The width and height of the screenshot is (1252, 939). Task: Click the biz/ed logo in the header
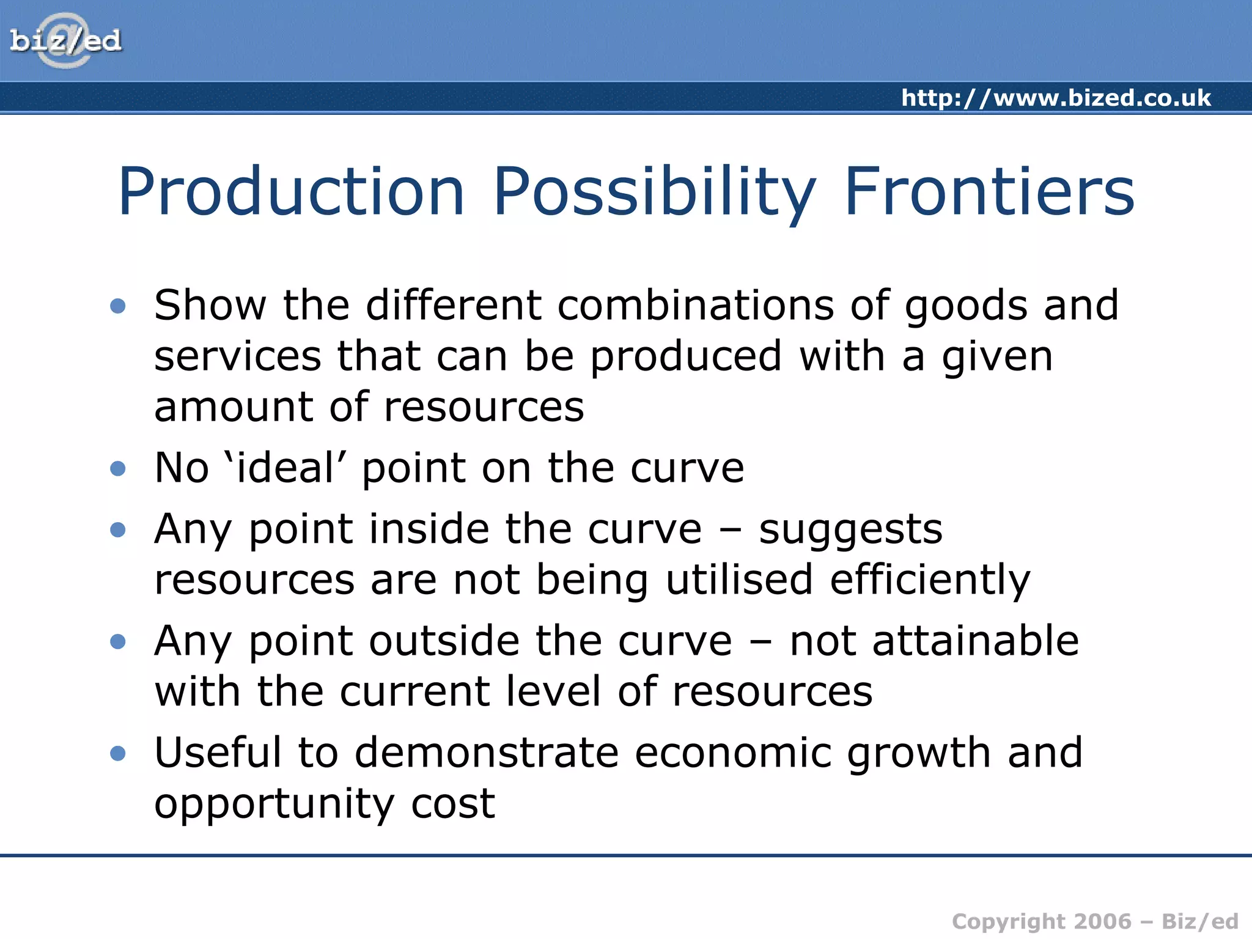point(65,41)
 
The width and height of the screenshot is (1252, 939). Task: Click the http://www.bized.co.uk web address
point(1056,98)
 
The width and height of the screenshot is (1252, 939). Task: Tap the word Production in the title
point(292,192)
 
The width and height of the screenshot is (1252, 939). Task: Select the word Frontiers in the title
point(989,192)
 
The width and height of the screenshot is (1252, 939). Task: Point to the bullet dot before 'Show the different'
point(118,306)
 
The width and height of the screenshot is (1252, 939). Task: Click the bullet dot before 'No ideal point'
point(118,469)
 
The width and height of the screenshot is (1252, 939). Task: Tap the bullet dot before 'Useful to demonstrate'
point(118,753)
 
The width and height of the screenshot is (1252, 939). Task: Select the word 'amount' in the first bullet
point(234,407)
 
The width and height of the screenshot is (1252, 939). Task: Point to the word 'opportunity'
point(274,805)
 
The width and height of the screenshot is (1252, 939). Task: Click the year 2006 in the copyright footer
point(1103,921)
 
